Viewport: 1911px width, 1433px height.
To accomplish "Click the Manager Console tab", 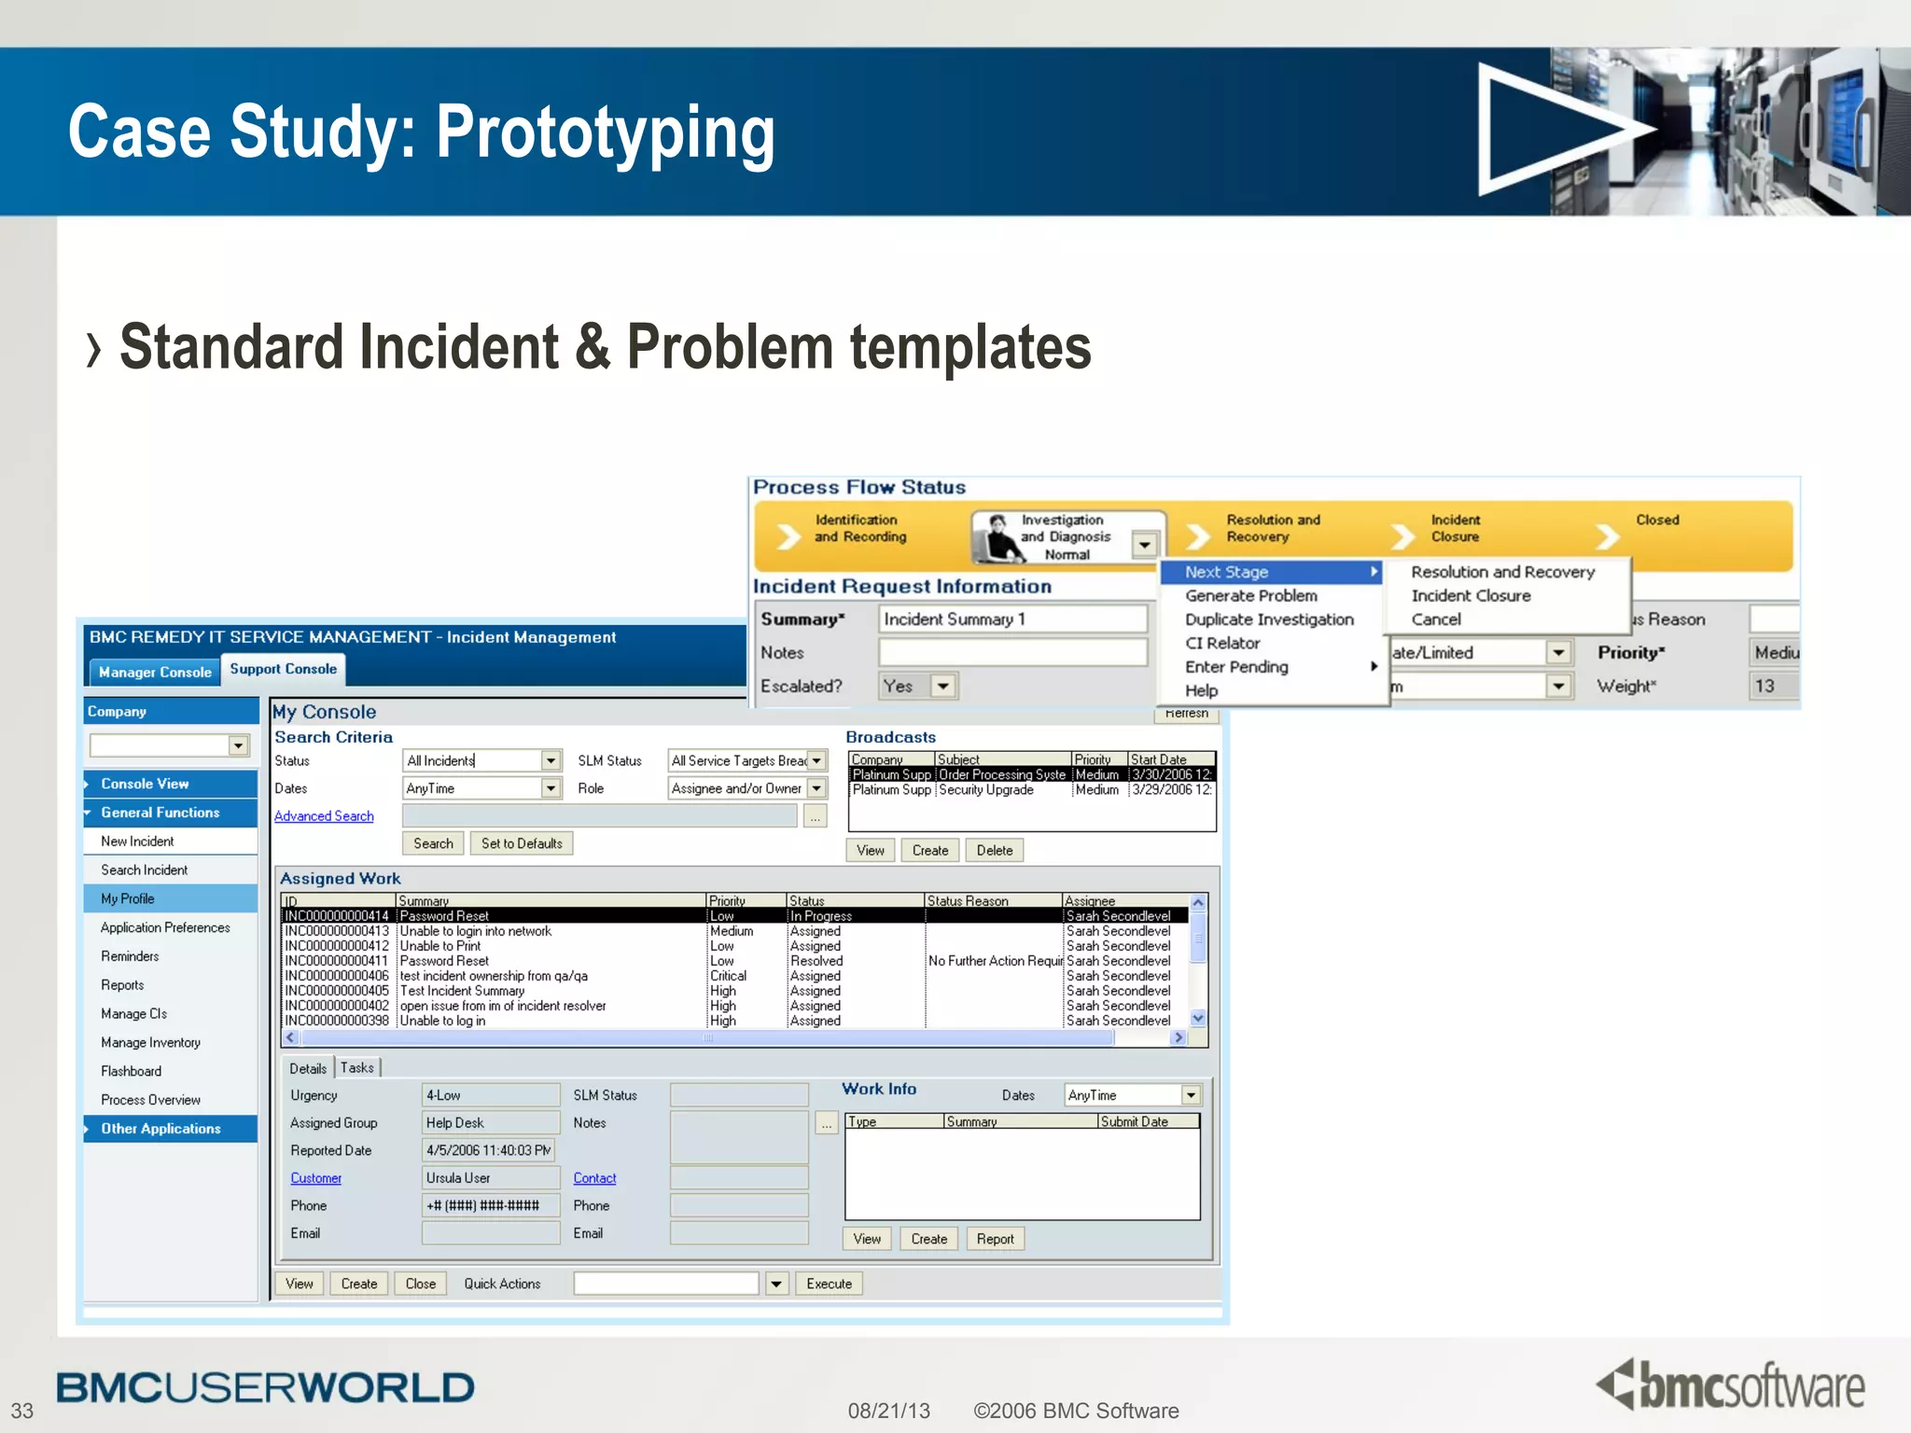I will [155, 672].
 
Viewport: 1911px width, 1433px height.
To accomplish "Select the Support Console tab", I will [283, 669].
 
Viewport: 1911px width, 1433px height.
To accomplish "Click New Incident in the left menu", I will [137, 842].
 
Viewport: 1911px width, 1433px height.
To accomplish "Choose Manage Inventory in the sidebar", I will [150, 1042].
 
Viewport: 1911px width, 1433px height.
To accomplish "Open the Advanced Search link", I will [324, 816].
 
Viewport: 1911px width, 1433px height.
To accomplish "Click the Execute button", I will [829, 1284].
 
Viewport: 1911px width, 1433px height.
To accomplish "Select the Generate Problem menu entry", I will [1250, 595].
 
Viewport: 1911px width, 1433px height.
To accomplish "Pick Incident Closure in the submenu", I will [1471, 595].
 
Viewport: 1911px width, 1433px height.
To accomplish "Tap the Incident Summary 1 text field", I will [1011, 619].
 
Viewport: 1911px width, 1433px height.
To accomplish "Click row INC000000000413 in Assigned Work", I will [337, 931].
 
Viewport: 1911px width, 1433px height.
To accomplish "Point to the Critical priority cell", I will [728, 976].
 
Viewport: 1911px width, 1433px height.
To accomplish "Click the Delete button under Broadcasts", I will [994, 851].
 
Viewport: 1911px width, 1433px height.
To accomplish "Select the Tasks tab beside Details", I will [356, 1068].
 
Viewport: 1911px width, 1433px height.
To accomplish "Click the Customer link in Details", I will [315, 1178].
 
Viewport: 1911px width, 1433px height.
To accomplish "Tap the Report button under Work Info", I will [995, 1239].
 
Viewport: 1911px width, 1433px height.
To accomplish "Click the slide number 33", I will [22, 1411].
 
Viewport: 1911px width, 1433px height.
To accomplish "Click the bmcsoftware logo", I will [1731, 1384].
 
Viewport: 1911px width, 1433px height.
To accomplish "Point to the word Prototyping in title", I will [605, 132].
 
